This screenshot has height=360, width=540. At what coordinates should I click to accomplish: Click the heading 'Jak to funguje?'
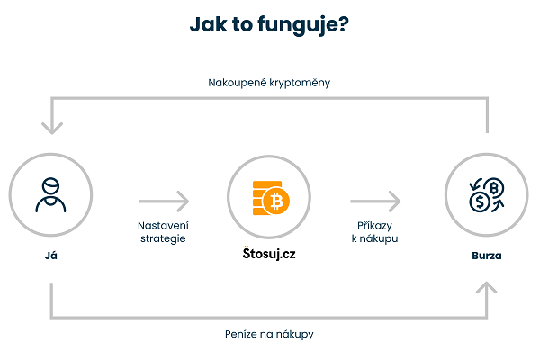[270, 25]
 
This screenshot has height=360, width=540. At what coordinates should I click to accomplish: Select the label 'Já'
[50, 256]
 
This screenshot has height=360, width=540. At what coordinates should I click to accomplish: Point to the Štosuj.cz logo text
[269, 254]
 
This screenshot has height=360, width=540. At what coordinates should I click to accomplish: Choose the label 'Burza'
[487, 256]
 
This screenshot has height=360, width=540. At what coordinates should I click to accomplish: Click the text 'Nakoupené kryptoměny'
[269, 84]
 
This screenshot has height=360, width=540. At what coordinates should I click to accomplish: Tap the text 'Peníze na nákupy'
[269, 334]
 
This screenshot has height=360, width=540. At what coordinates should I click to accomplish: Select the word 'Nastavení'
[163, 225]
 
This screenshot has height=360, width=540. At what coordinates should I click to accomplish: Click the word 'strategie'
[163, 239]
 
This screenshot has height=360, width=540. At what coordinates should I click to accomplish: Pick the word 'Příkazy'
[374, 225]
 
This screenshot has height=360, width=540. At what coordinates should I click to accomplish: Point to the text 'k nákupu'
[374, 239]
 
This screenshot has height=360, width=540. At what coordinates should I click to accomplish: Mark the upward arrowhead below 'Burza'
[487, 288]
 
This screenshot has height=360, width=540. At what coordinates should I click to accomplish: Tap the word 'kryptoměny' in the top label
[303, 84]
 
